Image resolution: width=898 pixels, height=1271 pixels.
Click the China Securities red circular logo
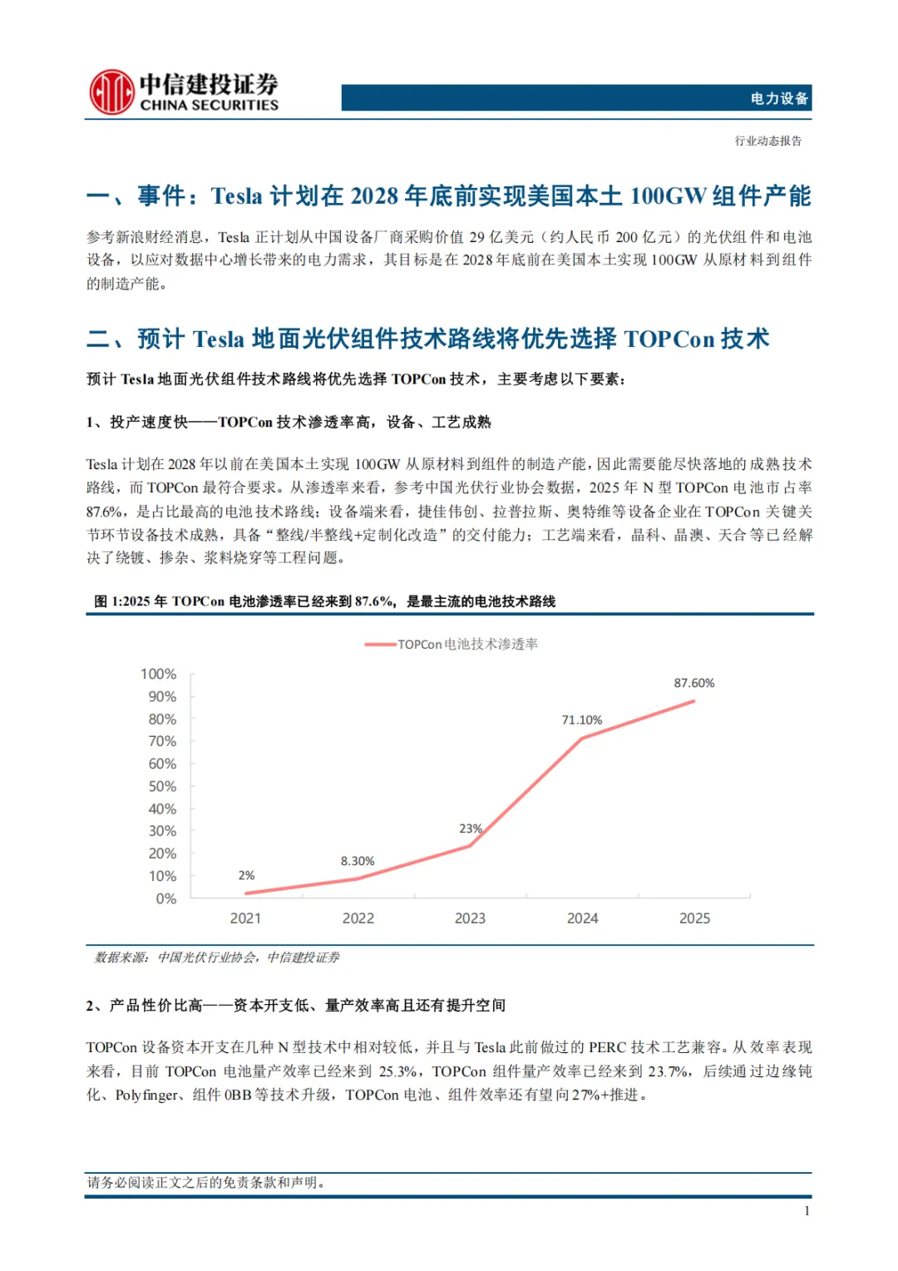(111, 91)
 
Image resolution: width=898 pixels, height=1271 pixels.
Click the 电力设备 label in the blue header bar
(778, 98)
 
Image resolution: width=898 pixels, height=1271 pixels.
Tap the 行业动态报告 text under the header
(767, 141)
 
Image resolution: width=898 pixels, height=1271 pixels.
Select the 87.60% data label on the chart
(693, 683)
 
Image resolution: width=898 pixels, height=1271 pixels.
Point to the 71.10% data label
(581, 720)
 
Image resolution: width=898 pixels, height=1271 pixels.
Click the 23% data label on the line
(470, 828)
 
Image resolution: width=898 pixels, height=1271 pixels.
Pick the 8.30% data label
(357, 861)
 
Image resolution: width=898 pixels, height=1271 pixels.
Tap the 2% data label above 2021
(246, 875)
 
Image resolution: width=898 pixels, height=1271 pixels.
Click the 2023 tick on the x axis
(470, 918)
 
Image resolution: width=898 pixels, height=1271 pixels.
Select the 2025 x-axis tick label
(694, 918)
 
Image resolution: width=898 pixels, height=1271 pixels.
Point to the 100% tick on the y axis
(158, 674)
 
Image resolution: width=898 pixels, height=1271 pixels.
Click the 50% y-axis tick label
(162, 786)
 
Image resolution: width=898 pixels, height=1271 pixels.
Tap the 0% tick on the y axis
(165, 898)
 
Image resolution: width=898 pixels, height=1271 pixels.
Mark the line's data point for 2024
(582, 738)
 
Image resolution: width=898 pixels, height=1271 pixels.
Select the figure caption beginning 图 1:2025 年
(324, 601)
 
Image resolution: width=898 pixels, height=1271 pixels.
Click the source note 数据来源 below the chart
(217, 957)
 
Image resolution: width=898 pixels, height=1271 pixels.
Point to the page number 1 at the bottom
(807, 1211)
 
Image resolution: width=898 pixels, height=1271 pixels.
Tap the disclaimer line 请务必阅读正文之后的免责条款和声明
(205, 1182)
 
